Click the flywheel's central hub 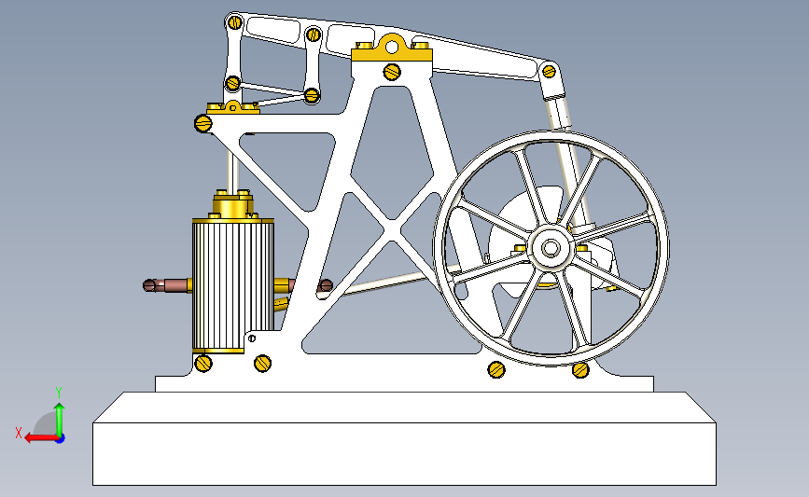point(551,248)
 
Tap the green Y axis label point(59,392)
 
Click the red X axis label point(19,433)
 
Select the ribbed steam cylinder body point(233,284)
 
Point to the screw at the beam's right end point(549,71)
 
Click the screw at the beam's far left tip point(235,22)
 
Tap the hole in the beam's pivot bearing point(392,48)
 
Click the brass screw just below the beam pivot point(392,71)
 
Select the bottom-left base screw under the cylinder point(203,364)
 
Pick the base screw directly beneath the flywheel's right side point(580,369)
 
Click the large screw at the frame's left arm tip point(203,123)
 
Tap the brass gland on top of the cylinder point(233,204)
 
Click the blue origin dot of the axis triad point(60,439)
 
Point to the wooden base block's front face point(405,454)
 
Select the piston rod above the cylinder point(233,170)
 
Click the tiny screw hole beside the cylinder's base point(252,338)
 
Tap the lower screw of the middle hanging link point(312,95)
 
